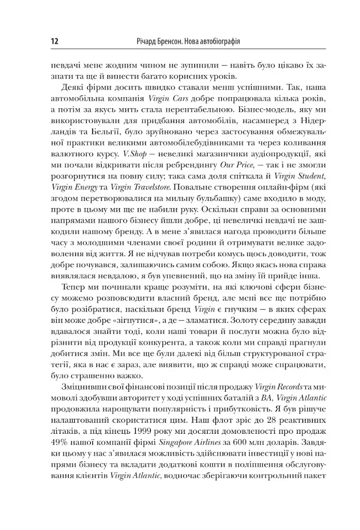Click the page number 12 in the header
[x=53, y=41]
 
